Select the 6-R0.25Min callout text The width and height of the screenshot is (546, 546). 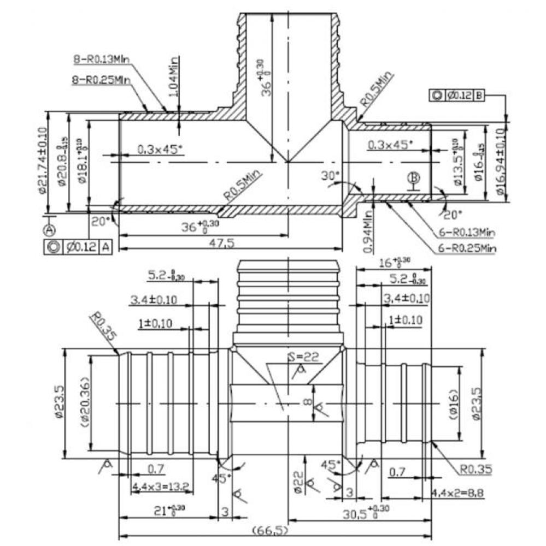click(467, 248)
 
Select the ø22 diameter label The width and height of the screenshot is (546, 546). click(298, 482)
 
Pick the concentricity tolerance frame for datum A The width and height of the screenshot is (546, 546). click(78, 247)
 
